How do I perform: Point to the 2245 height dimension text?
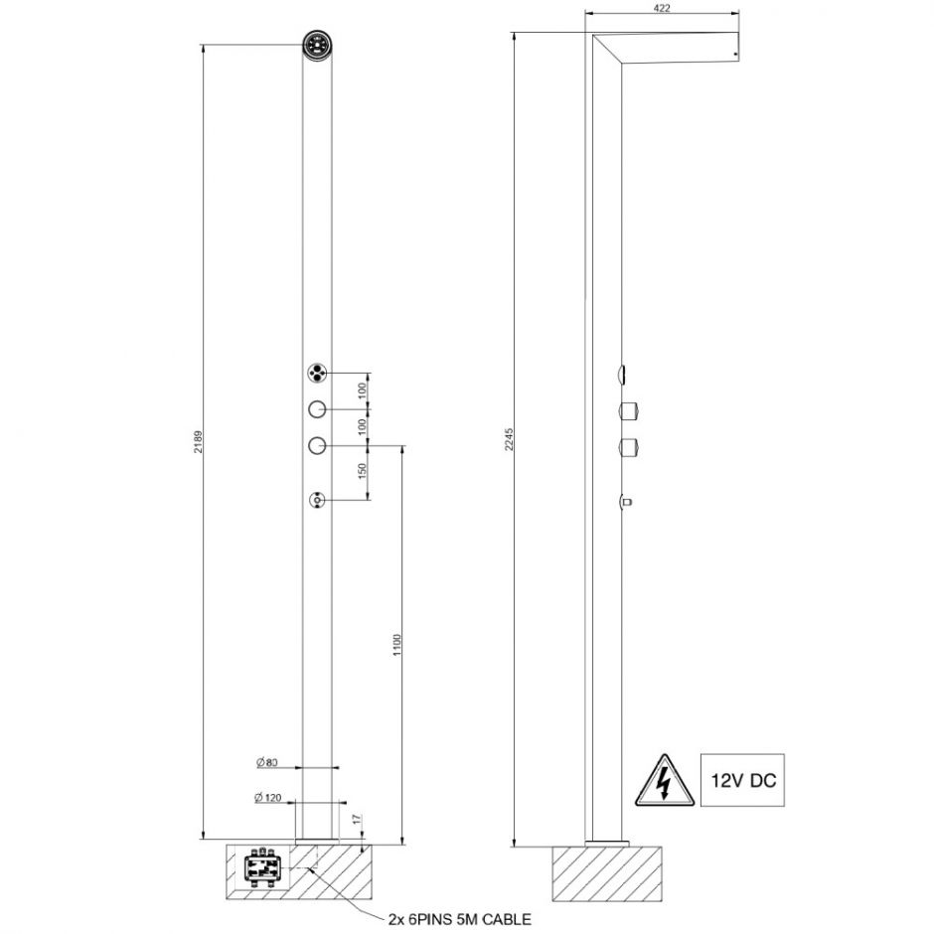pos(510,438)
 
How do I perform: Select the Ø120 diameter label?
pos(267,797)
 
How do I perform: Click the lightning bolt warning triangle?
pos(658,782)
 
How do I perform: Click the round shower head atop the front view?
pos(317,46)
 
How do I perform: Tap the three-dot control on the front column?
pos(317,374)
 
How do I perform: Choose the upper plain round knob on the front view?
pos(317,409)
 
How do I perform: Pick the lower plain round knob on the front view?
pos(317,445)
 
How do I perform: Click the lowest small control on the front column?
pos(317,500)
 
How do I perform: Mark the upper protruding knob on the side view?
pos(628,409)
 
